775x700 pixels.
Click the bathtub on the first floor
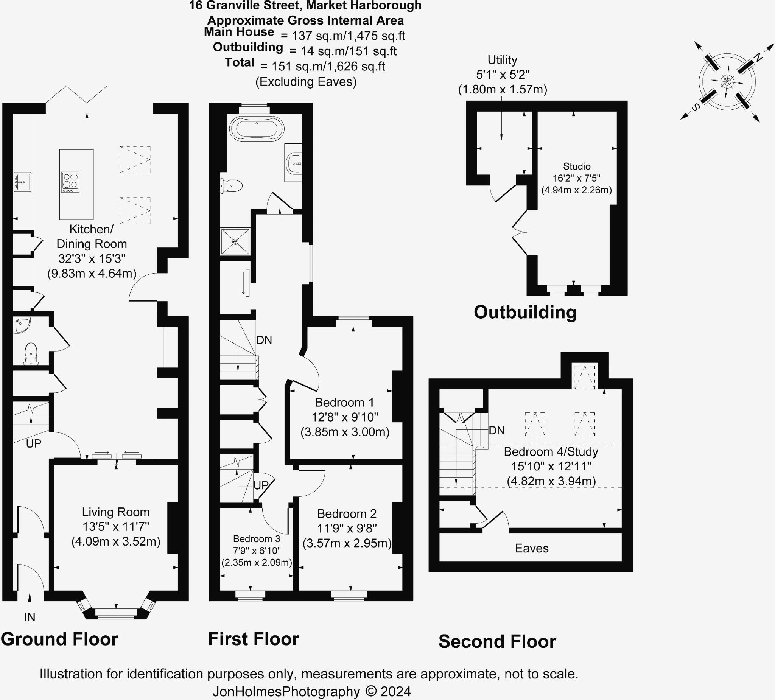(x=257, y=128)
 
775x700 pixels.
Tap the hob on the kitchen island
(x=70, y=182)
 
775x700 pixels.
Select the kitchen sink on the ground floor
(x=22, y=182)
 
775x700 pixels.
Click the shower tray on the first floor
(x=235, y=241)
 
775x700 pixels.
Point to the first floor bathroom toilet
(x=232, y=187)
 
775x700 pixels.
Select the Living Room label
(x=116, y=512)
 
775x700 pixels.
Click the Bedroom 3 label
(x=257, y=539)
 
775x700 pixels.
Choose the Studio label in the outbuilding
(x=577, y=166)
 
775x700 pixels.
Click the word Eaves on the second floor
(x=532, y=548)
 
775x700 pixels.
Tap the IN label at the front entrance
(x=30, y=618)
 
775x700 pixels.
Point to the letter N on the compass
(x=758, y=58)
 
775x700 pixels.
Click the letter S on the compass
(x=696, y=107)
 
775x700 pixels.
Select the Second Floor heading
(x=497, y=642)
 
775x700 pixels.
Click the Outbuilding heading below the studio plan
(x=525, y=312)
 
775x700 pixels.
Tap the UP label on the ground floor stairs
(x=33, y=443)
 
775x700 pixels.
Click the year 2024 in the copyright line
(x=395, y=691)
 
